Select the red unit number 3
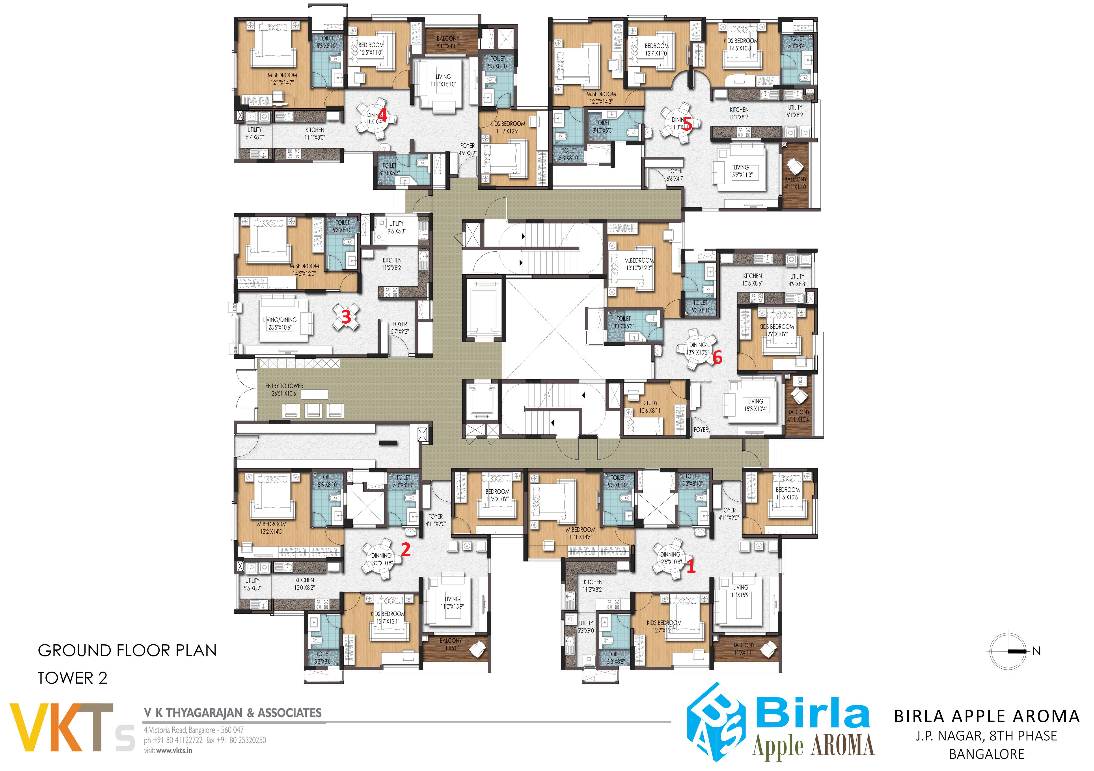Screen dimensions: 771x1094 point(346,316)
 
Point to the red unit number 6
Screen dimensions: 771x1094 point(717,357)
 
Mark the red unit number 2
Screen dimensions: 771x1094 point(406,550)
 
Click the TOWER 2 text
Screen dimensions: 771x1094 point(73,678)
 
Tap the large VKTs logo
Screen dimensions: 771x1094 point(71,727)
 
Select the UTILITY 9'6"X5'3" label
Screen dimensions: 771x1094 point(396,227)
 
